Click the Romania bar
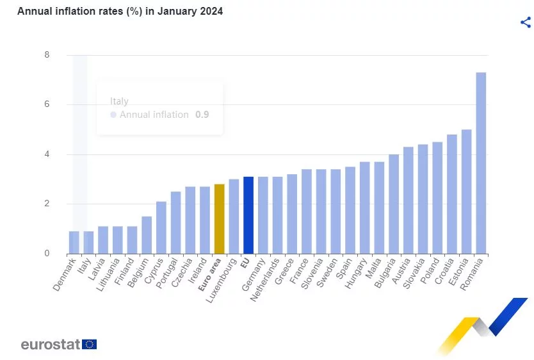click(481, 163)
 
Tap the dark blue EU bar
click(248, 215)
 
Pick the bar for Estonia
click(466, 192)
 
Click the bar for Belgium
click(147, 234)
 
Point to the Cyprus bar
click(161, 227)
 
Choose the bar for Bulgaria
click(394, 204)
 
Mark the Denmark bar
click(74, 242)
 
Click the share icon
click(526, 22)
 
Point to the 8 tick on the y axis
click(47, 55)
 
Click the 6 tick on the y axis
click(47, 104)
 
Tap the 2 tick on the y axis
click(47, 204)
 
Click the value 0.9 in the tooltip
click(202, 115)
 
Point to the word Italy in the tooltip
click(119, 101)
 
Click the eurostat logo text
click(50, 344)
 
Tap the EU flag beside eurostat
click(90, 344)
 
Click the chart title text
click(120, 12)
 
